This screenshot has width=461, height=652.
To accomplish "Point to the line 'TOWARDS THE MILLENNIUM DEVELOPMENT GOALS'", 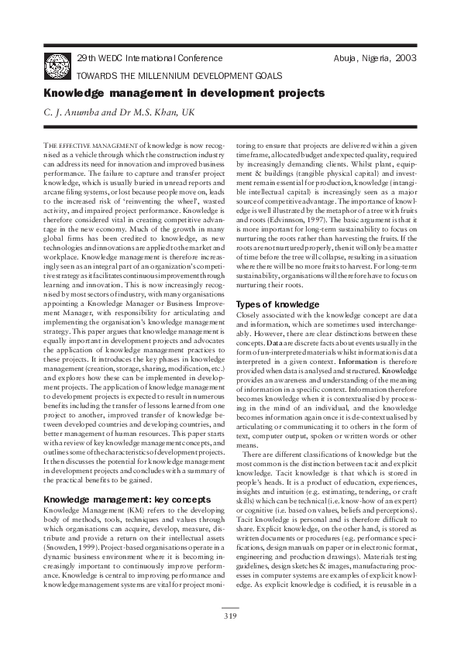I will pyautogui.click(x=179, y=76).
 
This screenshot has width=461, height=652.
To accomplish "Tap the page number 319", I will pyautogui.click(x=230, y=616).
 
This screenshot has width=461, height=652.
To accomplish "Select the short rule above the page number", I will pyautogui.click(x=229, y=608).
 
